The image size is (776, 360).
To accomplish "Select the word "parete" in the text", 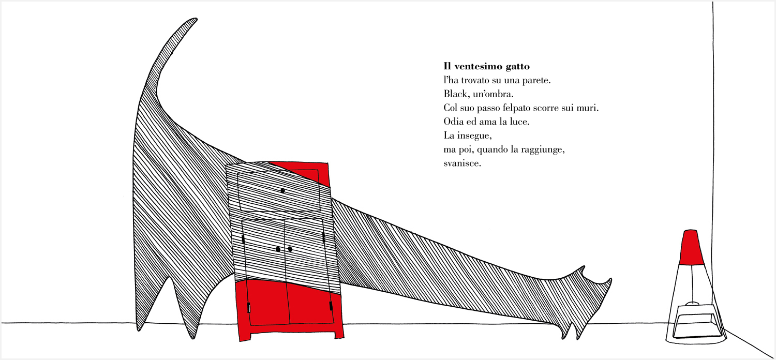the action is point(536,81).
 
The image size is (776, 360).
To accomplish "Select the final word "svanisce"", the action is point(462,163).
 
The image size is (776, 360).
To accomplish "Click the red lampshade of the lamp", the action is point(691,247).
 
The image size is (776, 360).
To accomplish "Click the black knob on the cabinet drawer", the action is point(282,190).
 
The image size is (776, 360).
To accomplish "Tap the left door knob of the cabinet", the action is point(278,249).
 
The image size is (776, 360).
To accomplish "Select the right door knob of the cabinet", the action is point(290,249).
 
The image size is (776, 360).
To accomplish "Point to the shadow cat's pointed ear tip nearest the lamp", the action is point(610,279).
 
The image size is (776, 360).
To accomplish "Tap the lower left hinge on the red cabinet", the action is point(249,308).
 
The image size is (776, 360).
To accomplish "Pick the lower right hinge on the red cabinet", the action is point(331,306).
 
